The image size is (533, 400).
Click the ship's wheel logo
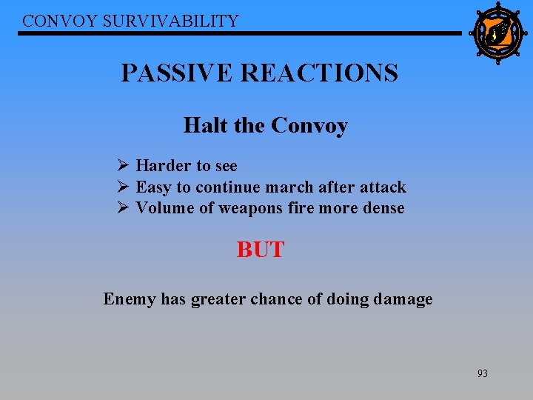click(497, 33)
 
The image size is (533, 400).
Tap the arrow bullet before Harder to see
click(123, 165)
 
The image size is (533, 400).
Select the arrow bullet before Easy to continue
click(123, 187)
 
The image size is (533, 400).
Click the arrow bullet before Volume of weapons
click(123, 207)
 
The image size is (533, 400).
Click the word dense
click(383, 208)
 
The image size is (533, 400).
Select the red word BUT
click(260, 250)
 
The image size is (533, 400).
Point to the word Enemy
click(130, 299)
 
